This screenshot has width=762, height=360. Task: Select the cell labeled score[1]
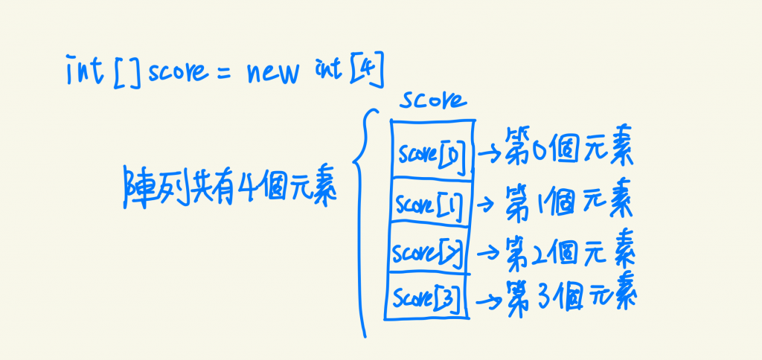point(429,202)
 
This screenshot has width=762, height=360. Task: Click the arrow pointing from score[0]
point(490,155)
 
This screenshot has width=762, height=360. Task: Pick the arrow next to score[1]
point(487,202)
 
